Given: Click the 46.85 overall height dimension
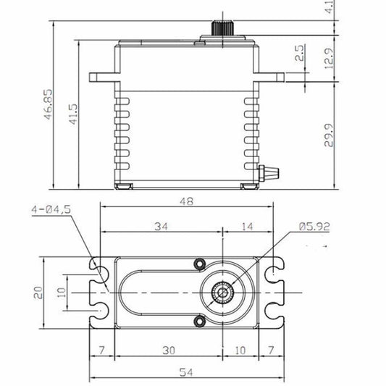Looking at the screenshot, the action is tap(49, 104).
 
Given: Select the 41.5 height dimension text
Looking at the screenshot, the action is tap(73, 114).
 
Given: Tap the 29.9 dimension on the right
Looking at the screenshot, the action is tap(329, 135).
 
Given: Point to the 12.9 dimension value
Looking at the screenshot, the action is tap(329, 58).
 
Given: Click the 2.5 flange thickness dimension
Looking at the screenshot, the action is tap(300, 53).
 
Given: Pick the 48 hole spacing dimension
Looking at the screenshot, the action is tap(186, 201).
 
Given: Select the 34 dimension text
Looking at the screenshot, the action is tap(161, 226).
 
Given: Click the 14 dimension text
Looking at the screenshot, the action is tap(247, 226).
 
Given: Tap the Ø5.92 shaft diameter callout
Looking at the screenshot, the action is tap(314, 227).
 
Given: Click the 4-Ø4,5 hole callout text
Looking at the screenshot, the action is tap(51, 209).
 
